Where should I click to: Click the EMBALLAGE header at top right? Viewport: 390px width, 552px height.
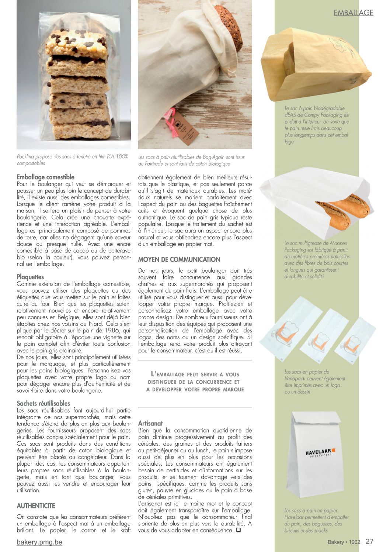tap(353, 13)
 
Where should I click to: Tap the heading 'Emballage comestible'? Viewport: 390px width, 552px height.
tap(45, 177)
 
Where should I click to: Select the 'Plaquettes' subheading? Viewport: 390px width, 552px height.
tap(30, 277)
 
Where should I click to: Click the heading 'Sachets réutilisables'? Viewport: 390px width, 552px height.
tap(43, 403)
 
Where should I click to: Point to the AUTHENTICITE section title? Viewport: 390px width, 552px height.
tap(36, 506)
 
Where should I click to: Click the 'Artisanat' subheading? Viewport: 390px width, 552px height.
tap(150, 423)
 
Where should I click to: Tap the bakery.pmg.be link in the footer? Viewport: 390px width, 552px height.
tap(39, 542)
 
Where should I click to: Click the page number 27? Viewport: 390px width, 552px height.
tap(369, 541)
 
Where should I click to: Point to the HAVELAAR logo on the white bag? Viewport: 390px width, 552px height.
tap(320, 452)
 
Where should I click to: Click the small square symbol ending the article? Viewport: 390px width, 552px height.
tap(238, 530)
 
